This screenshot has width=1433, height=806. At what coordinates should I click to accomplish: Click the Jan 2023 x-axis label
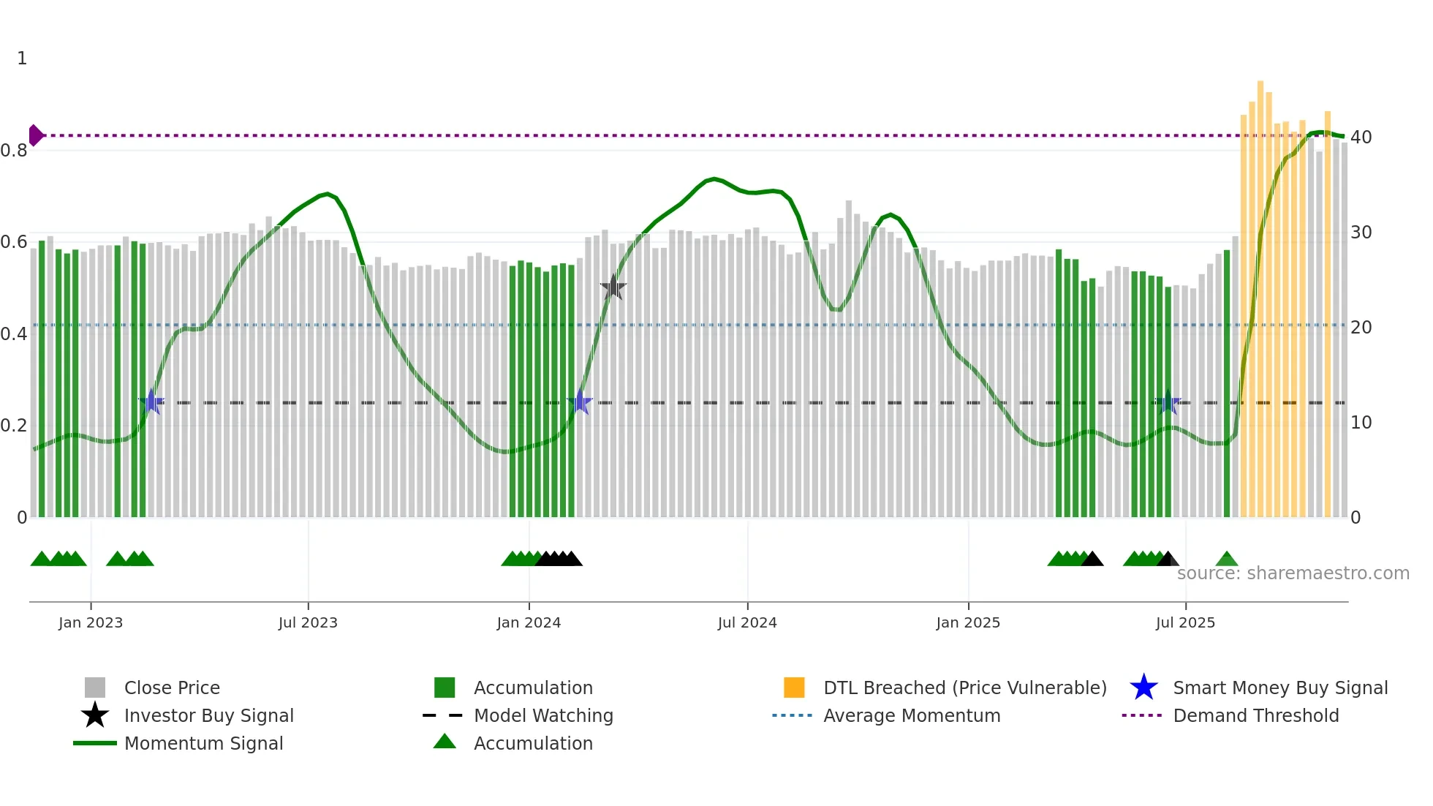(91, 622)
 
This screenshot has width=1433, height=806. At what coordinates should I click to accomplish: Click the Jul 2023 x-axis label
(308, 622)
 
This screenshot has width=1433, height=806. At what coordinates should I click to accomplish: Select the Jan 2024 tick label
(529, 622)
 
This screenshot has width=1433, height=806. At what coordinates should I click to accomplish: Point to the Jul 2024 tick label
(747, 622)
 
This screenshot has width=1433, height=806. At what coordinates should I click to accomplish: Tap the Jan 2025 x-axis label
(968, 622)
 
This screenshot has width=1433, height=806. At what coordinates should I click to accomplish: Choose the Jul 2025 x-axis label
(1185, 622)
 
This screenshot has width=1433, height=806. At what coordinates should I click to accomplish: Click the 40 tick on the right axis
(1361, 138)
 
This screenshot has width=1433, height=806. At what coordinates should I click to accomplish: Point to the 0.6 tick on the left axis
(14, 242)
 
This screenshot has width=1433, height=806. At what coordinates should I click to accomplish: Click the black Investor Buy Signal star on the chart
(613, 287)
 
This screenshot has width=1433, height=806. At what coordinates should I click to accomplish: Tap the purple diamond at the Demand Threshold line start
(35, 135)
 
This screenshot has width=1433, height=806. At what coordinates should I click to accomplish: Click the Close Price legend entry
(172, 688)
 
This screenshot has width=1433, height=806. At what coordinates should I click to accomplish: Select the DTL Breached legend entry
(964, 688)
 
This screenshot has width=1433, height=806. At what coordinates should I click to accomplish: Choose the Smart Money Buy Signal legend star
(1143, 688)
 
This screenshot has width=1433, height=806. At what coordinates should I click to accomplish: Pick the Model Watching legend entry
(543, 715)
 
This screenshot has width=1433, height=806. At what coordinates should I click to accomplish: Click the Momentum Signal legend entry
(203, 743)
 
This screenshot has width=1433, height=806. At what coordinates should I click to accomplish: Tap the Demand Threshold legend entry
(1255, 715)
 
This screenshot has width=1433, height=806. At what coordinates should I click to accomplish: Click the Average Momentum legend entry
(912, 715)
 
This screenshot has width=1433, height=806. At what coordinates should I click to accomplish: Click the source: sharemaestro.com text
(1293, 573)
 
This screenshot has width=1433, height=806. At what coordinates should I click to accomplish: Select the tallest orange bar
(1260, 293)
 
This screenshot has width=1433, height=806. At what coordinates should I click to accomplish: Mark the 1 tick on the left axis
(22, 59)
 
